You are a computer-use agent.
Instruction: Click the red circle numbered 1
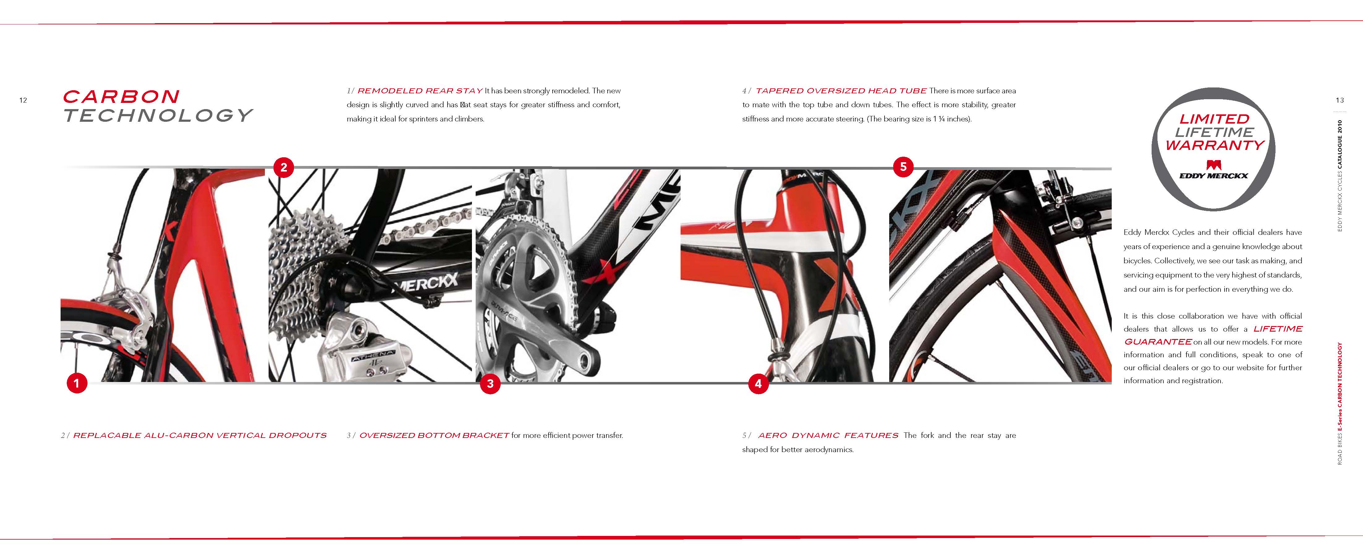point(77,383)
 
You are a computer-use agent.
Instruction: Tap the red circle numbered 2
point(284,167)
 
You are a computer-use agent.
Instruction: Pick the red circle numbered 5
point(903,167)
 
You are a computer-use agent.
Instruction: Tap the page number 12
point(23,100)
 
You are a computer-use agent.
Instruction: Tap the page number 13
point(1339,100)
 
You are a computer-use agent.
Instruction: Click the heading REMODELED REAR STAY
point(420,91)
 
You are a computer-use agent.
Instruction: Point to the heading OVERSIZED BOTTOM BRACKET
point(434,435)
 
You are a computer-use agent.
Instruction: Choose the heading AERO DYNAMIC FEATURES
point(828,435)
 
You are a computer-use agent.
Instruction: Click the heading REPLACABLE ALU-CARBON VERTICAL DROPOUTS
point(200,435)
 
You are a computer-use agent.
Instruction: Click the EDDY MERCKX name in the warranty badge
point(1214,176)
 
